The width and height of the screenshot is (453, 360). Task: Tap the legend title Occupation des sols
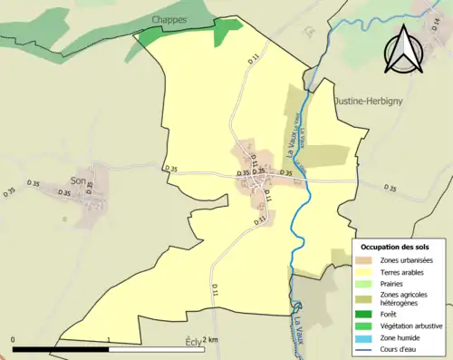(x=395, y=246)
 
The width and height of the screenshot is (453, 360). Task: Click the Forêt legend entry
(x=389, y=315)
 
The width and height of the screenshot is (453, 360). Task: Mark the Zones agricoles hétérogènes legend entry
(x=405, y=298)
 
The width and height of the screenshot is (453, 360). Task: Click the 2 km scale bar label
(x=211, y=340)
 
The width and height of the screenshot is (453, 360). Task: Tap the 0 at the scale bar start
(x=13, y=340)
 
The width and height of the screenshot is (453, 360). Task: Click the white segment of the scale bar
(x=158, y=349)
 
